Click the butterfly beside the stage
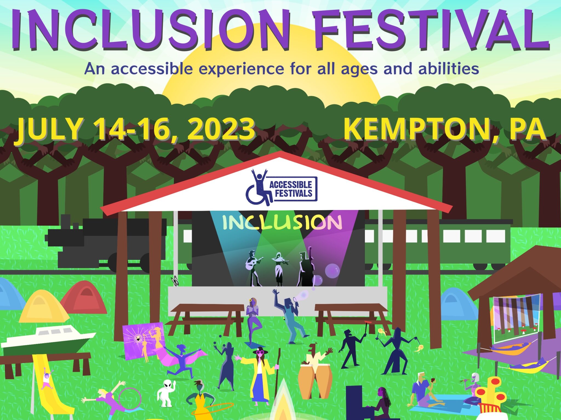click(x=174, y=281)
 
